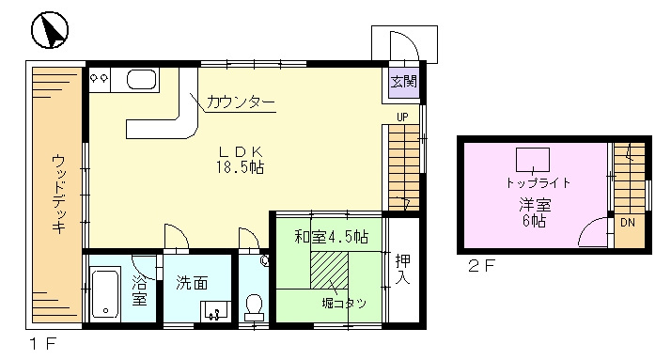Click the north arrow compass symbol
pos(50,30)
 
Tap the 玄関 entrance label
pos(403,82)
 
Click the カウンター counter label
pos(240,102)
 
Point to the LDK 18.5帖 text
pos(240,160)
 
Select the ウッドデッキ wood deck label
pos(58,194)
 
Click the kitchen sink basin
pos(142,80)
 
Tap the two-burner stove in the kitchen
pos(100,79)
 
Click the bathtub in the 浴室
pos(105,293)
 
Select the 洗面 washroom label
pos(192,283)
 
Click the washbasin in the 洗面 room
pos(216,310)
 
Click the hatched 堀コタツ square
pos(329,270)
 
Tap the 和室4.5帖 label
pos(331,236)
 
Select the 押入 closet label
pos(402,269)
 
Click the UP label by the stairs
pos(402,117)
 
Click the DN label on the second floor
pos(628,223)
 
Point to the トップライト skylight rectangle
pos(533,160)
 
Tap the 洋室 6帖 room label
pos(534,212)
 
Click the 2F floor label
pos(481,267)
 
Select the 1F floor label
pos(43,343)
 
